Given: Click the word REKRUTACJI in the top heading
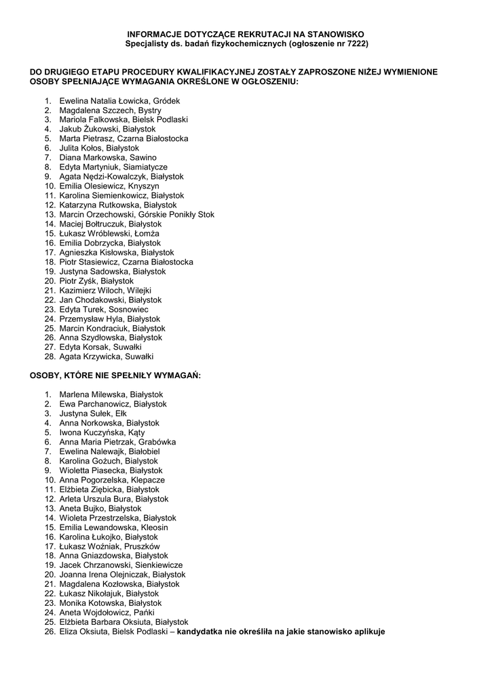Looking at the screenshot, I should (242, 34).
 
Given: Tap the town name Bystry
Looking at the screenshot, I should (149, 110).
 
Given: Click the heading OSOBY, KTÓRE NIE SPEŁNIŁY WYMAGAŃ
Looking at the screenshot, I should (115, 375).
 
